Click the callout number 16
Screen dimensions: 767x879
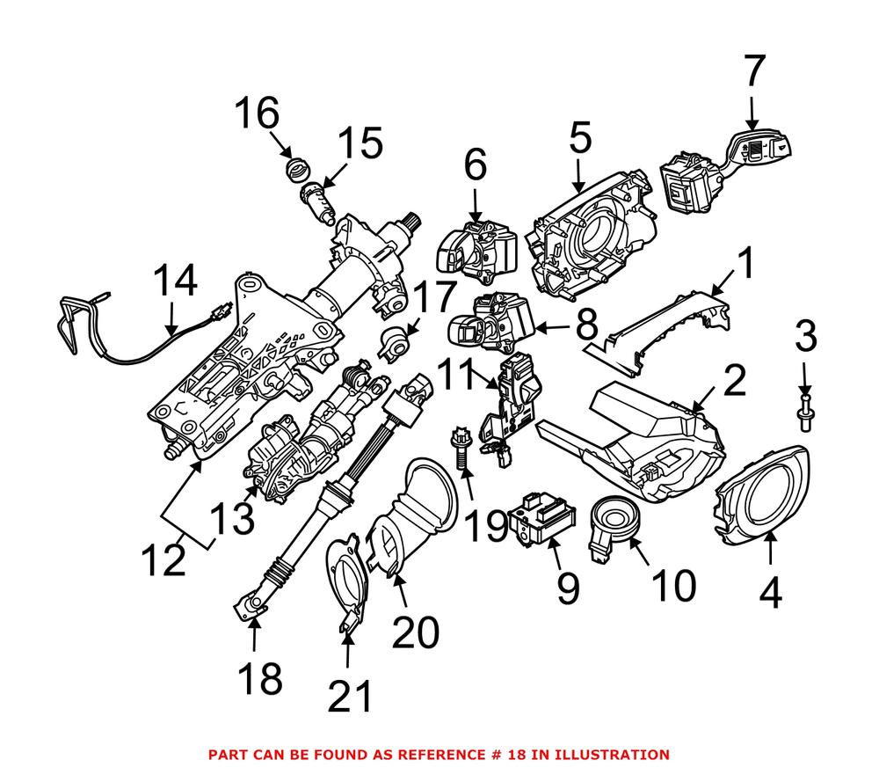256,114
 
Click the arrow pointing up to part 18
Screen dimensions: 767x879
254,632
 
